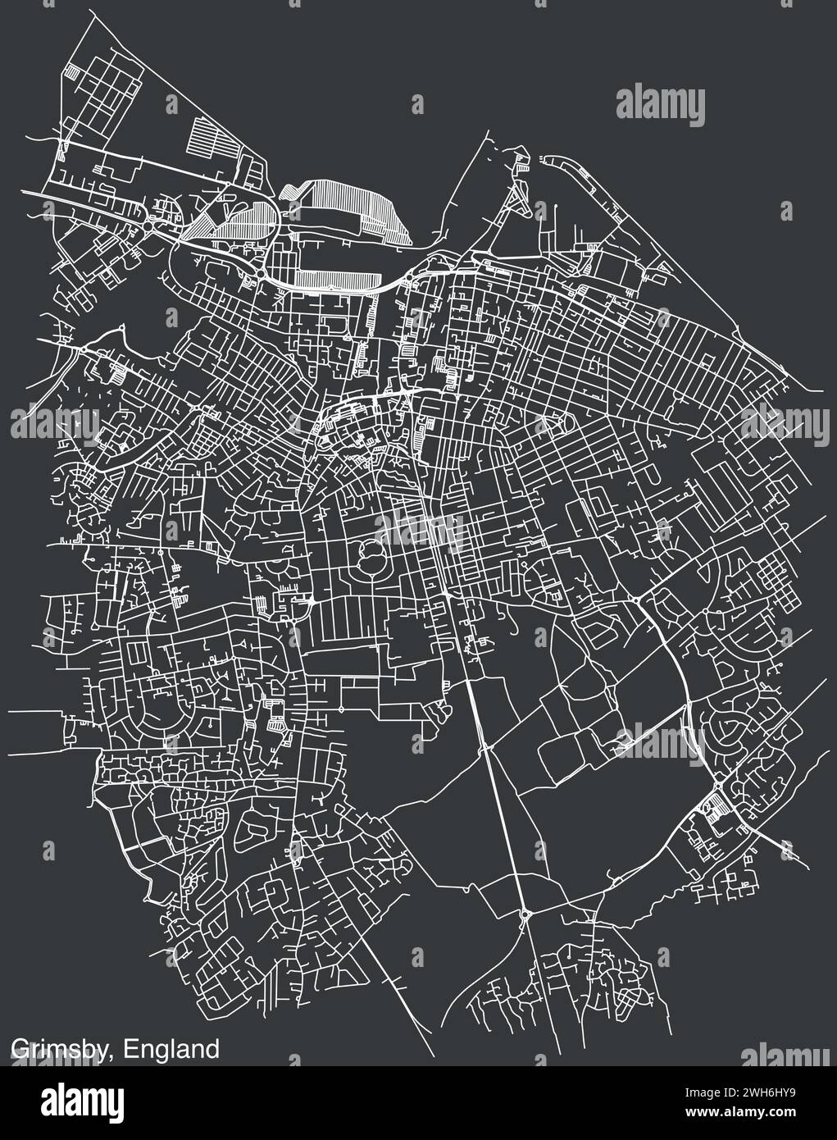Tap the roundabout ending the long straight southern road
point(525,913)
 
